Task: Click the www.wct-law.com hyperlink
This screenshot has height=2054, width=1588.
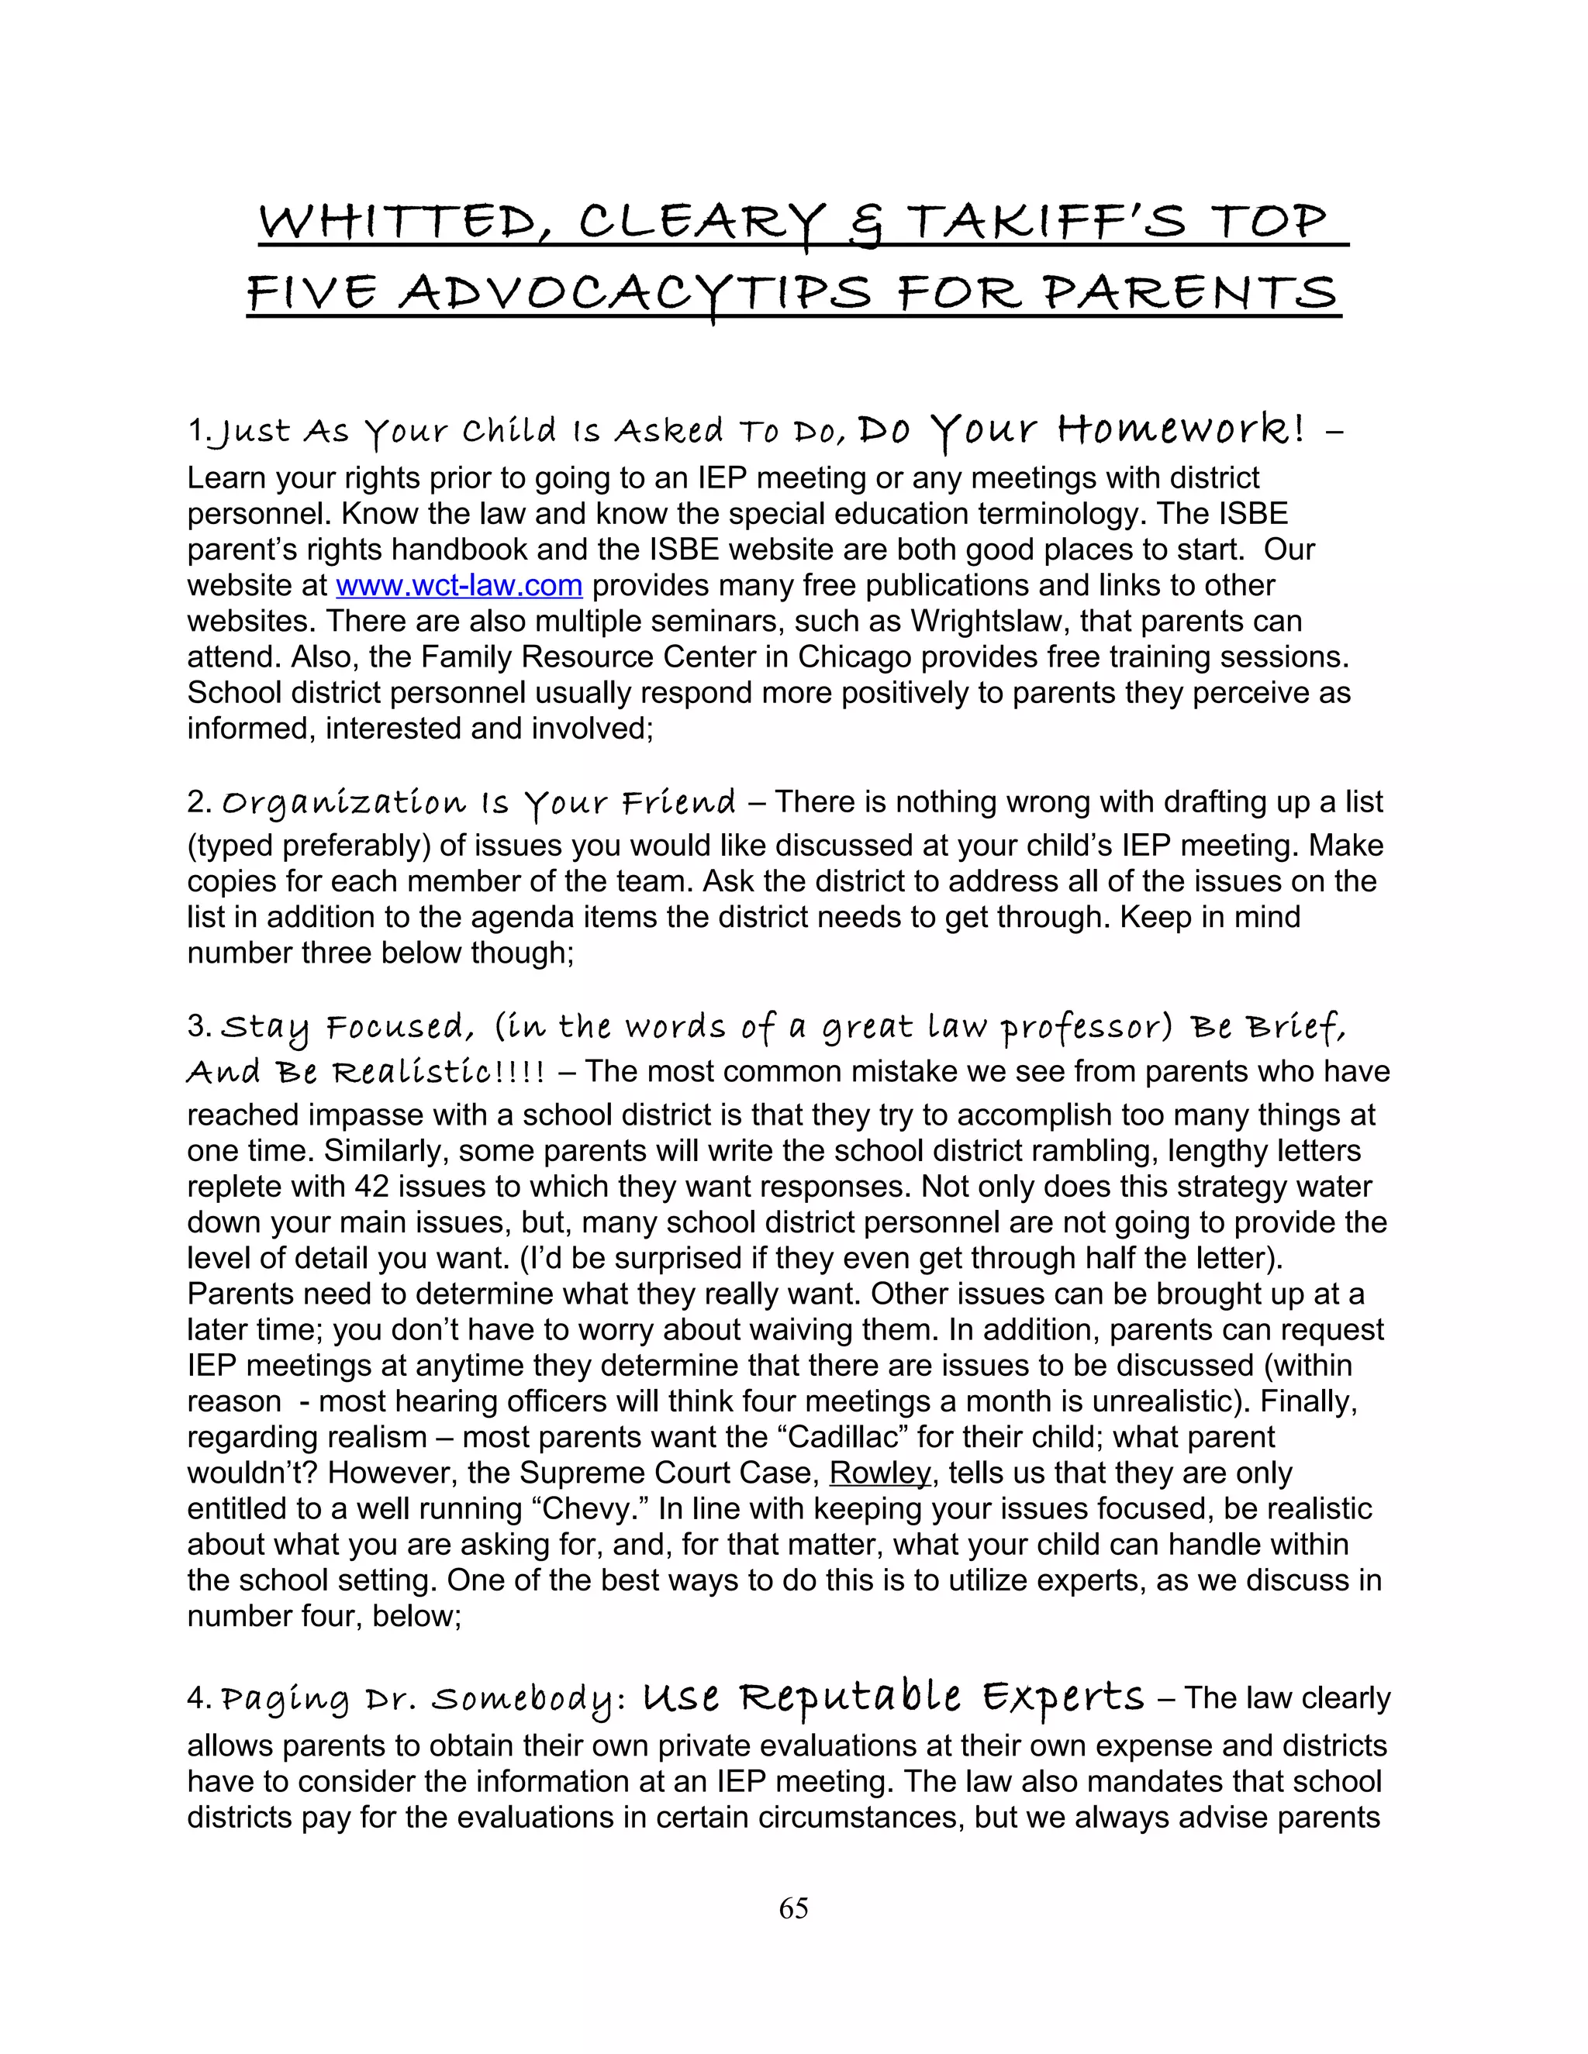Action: point(459,585)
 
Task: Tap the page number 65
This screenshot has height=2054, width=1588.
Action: point(793,1908)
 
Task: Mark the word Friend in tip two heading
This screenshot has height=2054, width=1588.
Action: point(678,803)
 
